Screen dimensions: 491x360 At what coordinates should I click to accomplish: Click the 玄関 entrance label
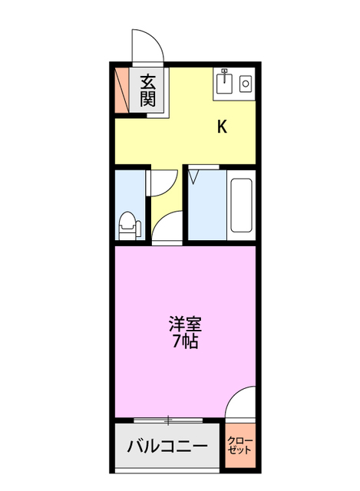pyautogui.click(x=148, y=91)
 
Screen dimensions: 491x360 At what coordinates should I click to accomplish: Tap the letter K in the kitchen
pyautogui.click(x=222, y=127)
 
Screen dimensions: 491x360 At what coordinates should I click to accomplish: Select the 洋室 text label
pyautogui.click(x=185, y=323)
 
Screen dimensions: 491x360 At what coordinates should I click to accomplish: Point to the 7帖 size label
pyautogui.click(x=185, y=341)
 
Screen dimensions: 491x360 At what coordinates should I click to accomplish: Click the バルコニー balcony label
pyautogui.click(x=167, y=446)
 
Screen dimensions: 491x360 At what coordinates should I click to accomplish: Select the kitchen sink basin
pyautogui.click(x=225, y=82)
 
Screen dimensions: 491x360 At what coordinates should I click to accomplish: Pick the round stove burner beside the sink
pyautogui.click(x=246, y=83)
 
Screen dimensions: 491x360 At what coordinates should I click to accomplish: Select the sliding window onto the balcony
pyautogui.click(x=167, y=419)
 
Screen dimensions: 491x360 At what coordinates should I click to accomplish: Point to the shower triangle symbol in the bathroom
pyautogui.click(x=195, y=177)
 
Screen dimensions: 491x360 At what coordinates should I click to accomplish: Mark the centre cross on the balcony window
pyautogui.click(x=167, y=419)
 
